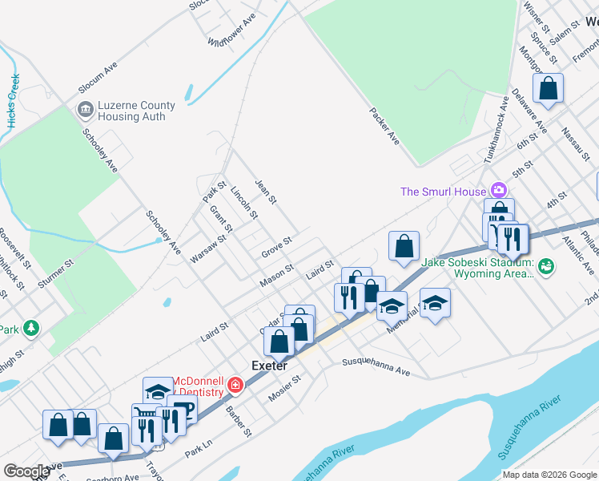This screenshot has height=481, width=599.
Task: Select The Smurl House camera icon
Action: pyautogui.click(x=499, y=191)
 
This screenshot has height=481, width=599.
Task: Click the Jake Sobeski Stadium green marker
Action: pyautogui.click(x=546, y=265)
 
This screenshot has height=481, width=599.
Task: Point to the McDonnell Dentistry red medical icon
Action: pyautogui.click(x=235, y=386)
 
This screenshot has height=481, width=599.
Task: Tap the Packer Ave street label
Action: pyautogui.click(x=384, y=126)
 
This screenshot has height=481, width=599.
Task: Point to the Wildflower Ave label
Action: pyautogui.click(x=231, y=29)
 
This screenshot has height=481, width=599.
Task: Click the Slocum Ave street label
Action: pyautogui.click(x=98, y=75)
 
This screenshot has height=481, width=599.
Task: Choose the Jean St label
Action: pyautogui.click(x=265, y=191)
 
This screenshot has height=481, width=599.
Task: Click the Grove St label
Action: pyautogui.click(x=276, y=248)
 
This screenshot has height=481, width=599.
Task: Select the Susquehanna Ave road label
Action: pyautogui.click(x=376, y=366)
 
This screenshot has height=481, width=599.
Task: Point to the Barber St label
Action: pyautogui.click(x=239, y=421)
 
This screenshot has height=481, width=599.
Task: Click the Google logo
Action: pyautogui.click(x=26, y=471)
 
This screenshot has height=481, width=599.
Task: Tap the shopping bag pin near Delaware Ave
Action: pyautogui.click(x=548, y=90)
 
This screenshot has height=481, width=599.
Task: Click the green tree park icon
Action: pyautogui.click(x=30, y=328)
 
